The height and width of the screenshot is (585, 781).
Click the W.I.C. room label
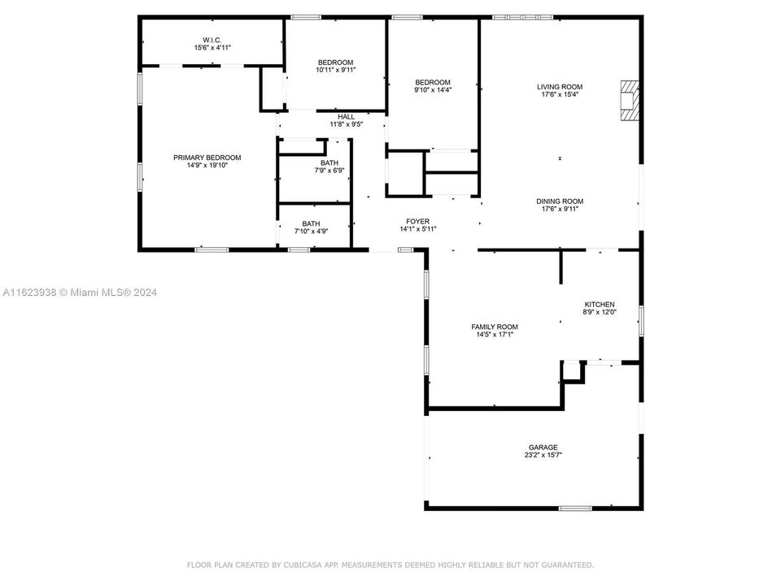click(212, 40)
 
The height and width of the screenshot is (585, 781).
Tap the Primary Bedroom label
click(207, 158)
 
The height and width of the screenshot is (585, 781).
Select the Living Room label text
click(559, 87)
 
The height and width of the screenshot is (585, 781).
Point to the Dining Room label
click(559, 201)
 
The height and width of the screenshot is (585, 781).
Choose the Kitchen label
click(599, 304)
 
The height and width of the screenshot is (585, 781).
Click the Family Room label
click(494, 327)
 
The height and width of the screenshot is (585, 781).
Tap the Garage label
click(543, 447)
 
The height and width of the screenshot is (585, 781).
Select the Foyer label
click(418, 221)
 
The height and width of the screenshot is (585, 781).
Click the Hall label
click(346, 117)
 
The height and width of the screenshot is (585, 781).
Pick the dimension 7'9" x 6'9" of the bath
click(329, 171)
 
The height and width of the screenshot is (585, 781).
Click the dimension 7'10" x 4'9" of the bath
click(311, 232)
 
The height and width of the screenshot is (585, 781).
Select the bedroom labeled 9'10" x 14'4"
click(432, 86)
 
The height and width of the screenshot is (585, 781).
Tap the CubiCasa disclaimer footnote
click(390, 564)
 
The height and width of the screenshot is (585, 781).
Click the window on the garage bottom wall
click(574, 508)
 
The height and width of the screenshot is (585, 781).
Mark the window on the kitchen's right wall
click(641, 320)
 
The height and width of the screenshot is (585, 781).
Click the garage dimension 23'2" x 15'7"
click(543, 455)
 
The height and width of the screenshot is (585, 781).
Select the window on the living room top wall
click(522, 17)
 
